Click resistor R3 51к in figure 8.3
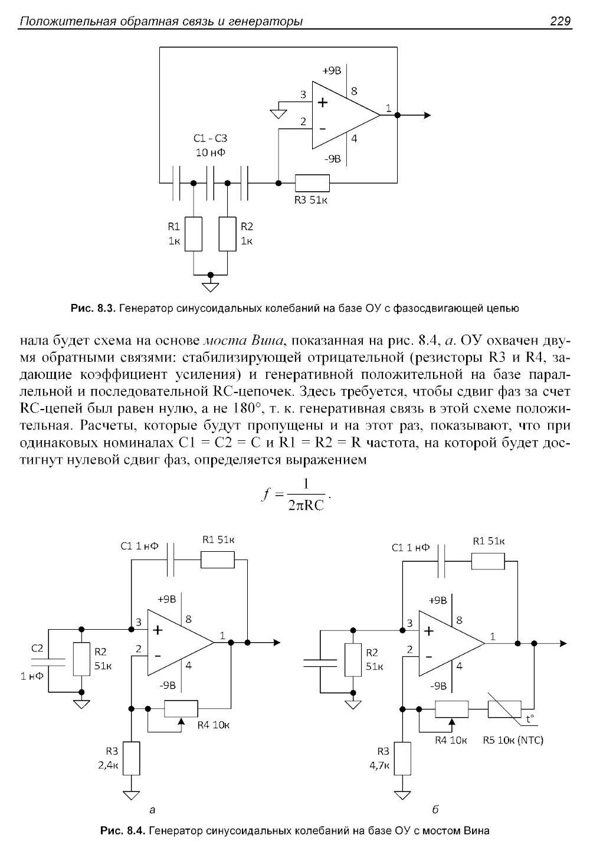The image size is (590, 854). pyautogui.click(x=312, y=183)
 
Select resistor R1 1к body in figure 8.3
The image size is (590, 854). pyautogui.click(x=194, y=234)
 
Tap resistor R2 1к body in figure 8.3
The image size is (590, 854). pyautogui.click(x=227, y=234)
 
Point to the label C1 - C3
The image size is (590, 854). pyautogui.click(x=210, y=139)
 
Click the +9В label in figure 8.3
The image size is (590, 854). pyautogui.click(x=332, y=71)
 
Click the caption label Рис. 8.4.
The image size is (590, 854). pyautogui.click(x=122, y=831)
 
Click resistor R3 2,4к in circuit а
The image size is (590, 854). pyautogui.click(x=132, y=758)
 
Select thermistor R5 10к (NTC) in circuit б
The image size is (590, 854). pyautogui.click(x=504, y=708)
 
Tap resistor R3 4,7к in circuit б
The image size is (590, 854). pyautogui.click(x=403, y=758)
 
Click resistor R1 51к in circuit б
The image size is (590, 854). pyautogui.click(x=488, y=561)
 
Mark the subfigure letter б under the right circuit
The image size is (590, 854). pyautogui.click(x=435, y=809)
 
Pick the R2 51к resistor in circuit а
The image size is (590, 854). pyautogui.click(x=81, y=659)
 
